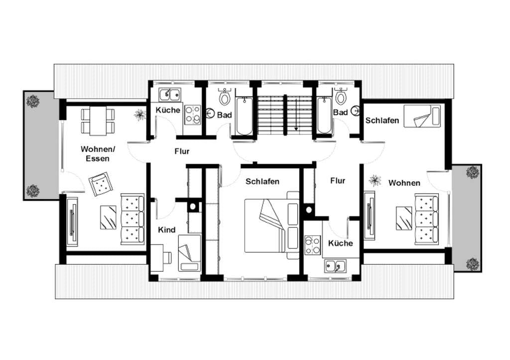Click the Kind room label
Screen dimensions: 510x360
(x=166, y=230)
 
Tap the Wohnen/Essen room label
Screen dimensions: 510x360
(x=98, y=154)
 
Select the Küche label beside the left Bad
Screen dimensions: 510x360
(x=168, y=110)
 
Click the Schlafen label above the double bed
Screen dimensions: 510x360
(x=262, y=181)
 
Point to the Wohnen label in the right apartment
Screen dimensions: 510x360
(x=404, y=183)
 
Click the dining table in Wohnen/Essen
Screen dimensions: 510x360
(x=98, y=120)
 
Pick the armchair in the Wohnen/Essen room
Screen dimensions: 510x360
(x=101, y=184)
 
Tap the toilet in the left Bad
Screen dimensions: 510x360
(x=225, y=96)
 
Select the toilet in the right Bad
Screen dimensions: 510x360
(x=340, y=96)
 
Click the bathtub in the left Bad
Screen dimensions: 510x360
(x=244, y=116)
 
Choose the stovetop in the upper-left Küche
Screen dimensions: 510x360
(x=193, y=115)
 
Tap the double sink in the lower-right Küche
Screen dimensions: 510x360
(x=335, y=265)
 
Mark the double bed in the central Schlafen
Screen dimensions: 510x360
(x=271, y=225)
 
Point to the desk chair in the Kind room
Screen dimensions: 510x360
(x=167, y=257)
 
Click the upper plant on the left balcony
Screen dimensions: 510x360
(x=33, y=101)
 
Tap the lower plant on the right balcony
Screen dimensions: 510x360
(x=473, y=264)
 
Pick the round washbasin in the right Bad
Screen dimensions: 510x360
(x=357, y=111)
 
